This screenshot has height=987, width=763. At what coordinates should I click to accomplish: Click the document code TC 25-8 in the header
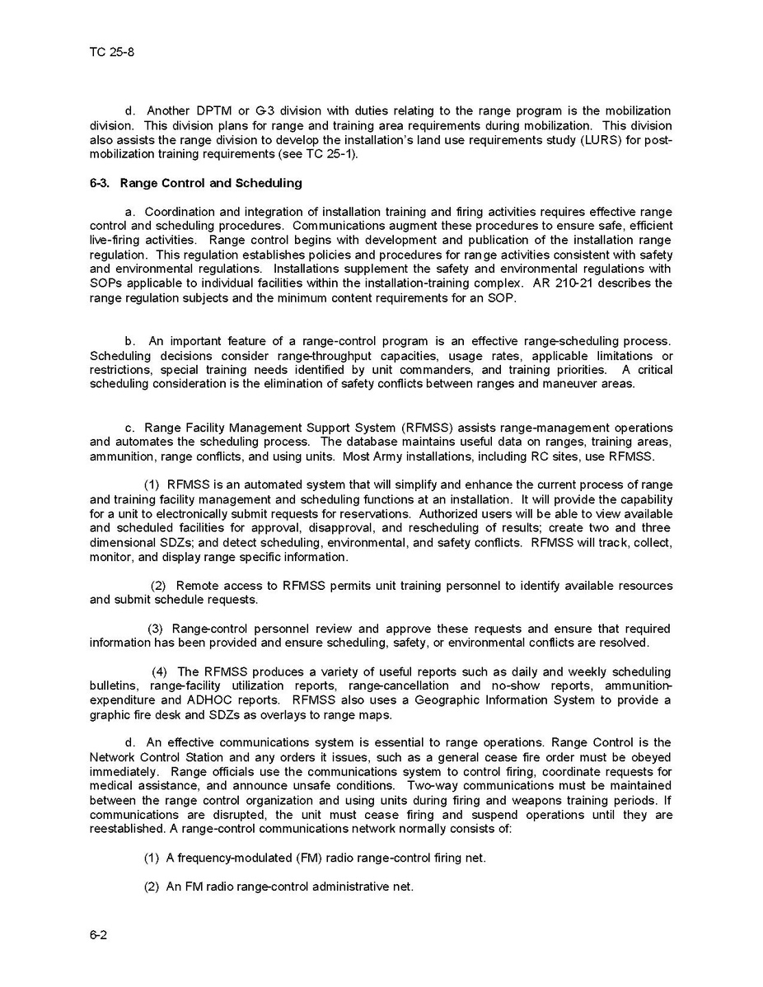pyautogui.click(x=111, y=52)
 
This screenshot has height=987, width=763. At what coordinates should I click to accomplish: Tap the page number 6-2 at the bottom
pyautogui.click(x=99, y=934)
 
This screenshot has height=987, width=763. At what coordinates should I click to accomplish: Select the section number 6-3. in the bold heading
pyautogui.click(x=101, y=183)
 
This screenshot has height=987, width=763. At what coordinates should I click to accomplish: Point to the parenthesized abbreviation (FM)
pyautogui.click(x=306, y=858)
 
